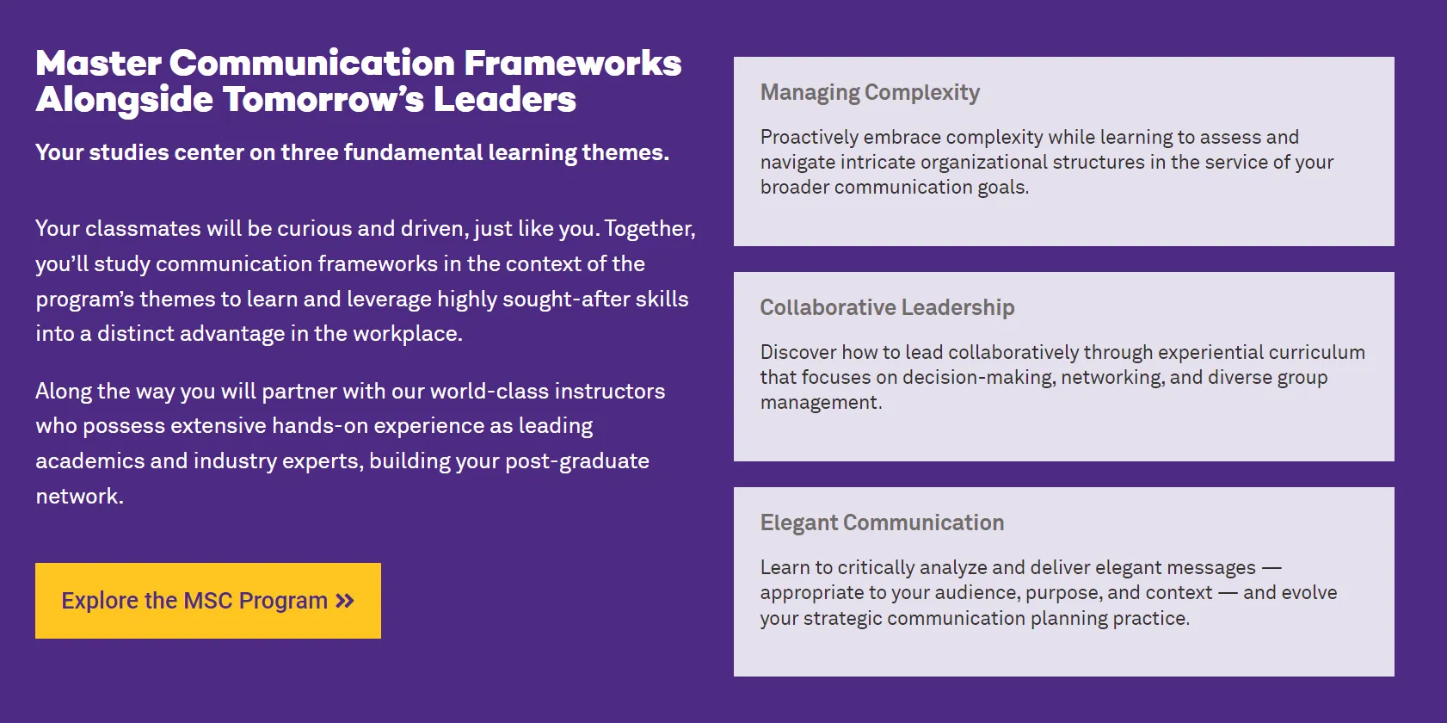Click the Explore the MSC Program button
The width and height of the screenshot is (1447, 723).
tap(208, 600)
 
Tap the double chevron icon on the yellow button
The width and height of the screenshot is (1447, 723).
tap(345, 601)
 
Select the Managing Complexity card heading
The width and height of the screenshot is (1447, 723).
tap(870, 93)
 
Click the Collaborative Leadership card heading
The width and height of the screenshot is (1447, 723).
tap(887, 307)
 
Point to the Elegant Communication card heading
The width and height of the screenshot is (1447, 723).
tap(882, 522)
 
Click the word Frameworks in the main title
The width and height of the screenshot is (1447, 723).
tap(572, 64)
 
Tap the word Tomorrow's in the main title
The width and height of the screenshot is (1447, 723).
tap(323, 100)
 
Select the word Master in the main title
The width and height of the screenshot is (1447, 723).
tap(98, 64)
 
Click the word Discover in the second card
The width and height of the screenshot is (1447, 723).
tap(797, 352)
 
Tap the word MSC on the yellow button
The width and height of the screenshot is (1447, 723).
tap(208, 601)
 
